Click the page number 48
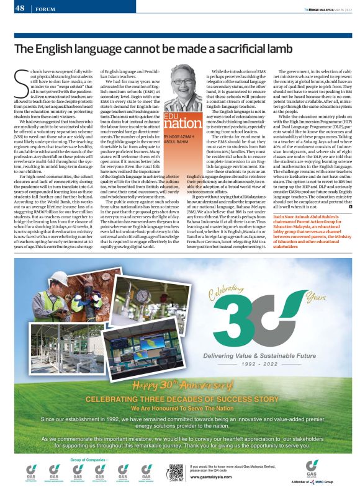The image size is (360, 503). tap(20, 8)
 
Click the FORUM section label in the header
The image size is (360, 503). tap(44, 9)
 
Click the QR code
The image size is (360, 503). tap(176, 471)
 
